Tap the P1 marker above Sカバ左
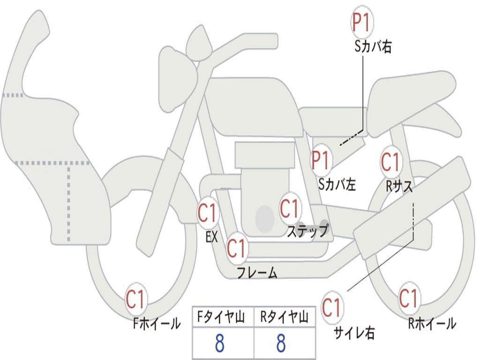(x=322, y=160)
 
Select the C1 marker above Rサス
(x=390, y=162)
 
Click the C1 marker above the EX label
(x=208, y=213)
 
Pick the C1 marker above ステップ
(x=290, y=208)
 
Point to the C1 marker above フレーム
(x=237, y=248)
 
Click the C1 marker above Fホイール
(x=136, y=299)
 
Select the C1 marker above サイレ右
(x=332, y=307)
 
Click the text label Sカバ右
(x=373, y=46)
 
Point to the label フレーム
(x=257, y=272)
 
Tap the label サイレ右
(x=354, y=333)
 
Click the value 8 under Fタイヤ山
(x=220, y=344)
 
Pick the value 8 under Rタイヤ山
(x=281, y=344)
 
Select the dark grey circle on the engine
(x=264, y=218)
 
